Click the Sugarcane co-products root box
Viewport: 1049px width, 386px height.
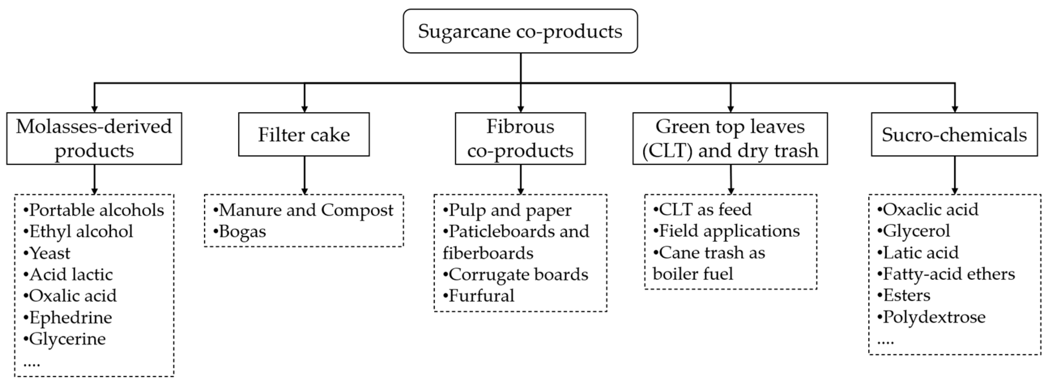pyautogui.click(x=520, y=31)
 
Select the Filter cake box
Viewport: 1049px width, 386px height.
pyautogui.click(x=304, y=135)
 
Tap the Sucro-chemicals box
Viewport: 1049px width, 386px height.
pyautogui.click(x=954, y=135)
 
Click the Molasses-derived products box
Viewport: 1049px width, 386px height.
pyautogui.click(x=94, y=138)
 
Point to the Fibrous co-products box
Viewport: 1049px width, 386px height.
pyautogui.click(x=520, y=138)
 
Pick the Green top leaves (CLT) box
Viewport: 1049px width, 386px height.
pyautogui.click(x=730, y=138)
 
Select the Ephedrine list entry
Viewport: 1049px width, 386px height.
pyautogui.click(x=70, y=318)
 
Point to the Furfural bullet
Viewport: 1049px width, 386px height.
pyautogui.click(x=481, y=296)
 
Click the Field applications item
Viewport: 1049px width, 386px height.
pyautogui.click(x=729, y=231)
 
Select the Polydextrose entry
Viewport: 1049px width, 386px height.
pyautogui.click(x=933, y=317)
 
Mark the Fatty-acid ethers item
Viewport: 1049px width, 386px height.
pyautogui.click(x=948, y=274)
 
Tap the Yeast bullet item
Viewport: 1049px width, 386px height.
pyautogui.click(x=49, y=253)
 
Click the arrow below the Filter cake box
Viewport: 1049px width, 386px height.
pyautogui.click(x=304, y=175)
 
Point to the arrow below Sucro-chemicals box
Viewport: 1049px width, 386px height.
pyautogui.click(x=955, y=175)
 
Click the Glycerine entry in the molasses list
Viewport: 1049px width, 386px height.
pyautogui.click(x=67, y=339)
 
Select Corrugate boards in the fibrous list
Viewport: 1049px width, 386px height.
pyautogui.click(x=518, y=275)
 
